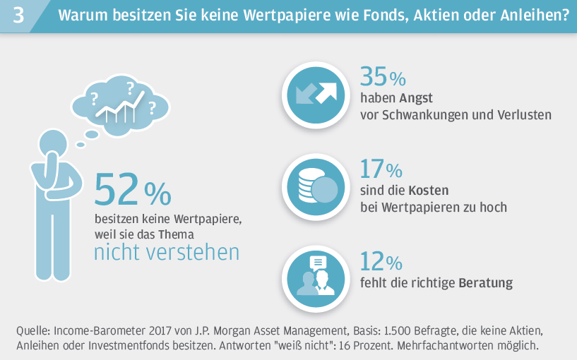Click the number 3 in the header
[x=19, y=16]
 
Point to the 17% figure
[x=381, y=169]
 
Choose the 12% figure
[x=381, y=262]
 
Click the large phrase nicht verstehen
[x=167, y=252]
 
